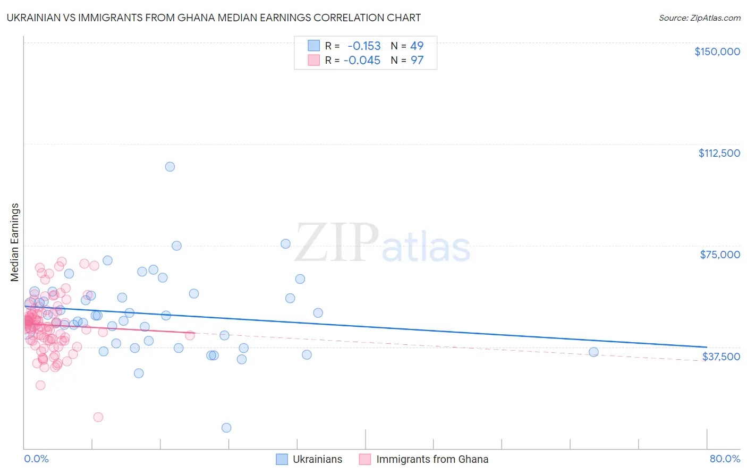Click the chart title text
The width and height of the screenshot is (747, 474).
pos(214,18)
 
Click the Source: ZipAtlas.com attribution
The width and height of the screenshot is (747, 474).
pos(699,18)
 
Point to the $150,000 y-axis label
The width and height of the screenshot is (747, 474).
pos(717,52)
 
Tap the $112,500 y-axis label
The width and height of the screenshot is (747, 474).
pos(719,153)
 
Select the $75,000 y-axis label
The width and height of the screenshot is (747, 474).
pos(720,255)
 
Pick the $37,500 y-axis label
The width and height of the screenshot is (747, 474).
pos(721,357)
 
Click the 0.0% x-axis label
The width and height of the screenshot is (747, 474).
pos(36,459)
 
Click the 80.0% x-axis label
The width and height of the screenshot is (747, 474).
pos(725,459)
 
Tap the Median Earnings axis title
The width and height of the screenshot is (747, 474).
pos(15,242)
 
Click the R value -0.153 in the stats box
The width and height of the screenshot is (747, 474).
pos(364,46)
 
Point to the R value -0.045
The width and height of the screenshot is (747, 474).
pos(362,61)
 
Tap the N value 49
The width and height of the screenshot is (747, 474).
pos(417,46)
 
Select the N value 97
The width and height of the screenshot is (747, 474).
pos(417,61)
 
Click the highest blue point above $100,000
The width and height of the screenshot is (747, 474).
pos(170,167)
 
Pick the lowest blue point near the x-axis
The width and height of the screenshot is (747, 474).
pos(226,428)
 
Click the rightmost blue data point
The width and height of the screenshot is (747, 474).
pos(593,352)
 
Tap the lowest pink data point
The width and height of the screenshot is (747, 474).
pos(98,417)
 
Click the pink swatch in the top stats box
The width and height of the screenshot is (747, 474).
pos(313,61)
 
